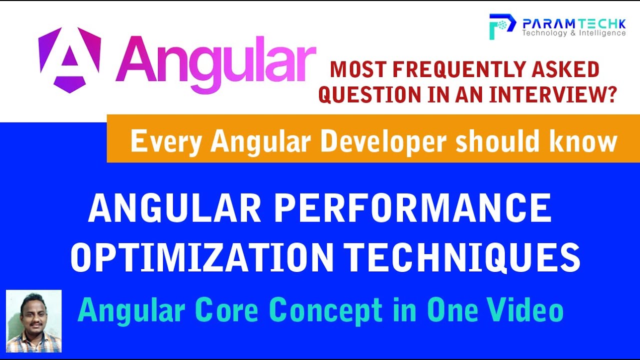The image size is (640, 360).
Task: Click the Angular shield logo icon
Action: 69,59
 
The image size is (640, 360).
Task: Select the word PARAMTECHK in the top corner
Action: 573,23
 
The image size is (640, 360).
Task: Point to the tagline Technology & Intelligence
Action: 573,33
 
